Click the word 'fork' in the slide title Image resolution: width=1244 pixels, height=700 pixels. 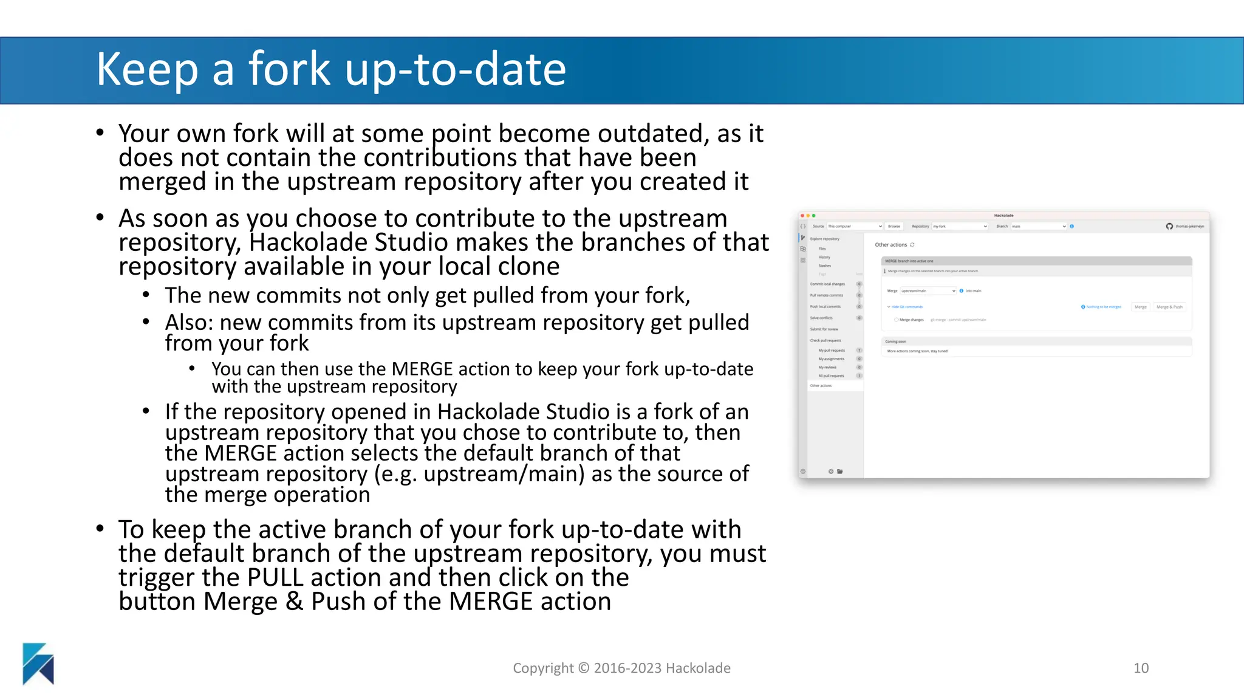point(289,69)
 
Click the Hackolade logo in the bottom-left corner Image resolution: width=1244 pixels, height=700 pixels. point(38,664)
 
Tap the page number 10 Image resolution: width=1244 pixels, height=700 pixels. point(1141,668)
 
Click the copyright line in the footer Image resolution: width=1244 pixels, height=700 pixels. point(621,668)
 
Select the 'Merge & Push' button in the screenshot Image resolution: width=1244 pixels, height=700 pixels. point(1169,307)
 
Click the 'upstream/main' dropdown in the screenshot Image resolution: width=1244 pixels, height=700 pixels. point(928,291)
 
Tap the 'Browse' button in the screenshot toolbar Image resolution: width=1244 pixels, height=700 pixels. point(894,226)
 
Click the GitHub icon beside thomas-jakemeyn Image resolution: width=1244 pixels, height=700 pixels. point(1169,226)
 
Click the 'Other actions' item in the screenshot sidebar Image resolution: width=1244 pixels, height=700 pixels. point(821,386)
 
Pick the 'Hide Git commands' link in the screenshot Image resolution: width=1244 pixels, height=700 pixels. point(906,307)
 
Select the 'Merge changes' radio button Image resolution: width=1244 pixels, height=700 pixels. point(896,320)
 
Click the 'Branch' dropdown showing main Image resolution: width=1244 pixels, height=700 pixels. point(1038,226)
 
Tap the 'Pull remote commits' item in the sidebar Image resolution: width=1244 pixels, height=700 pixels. point(826,295)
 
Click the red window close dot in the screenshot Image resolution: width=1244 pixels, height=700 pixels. point(802,216)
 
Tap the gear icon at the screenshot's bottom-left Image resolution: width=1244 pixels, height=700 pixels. point(803,472)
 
